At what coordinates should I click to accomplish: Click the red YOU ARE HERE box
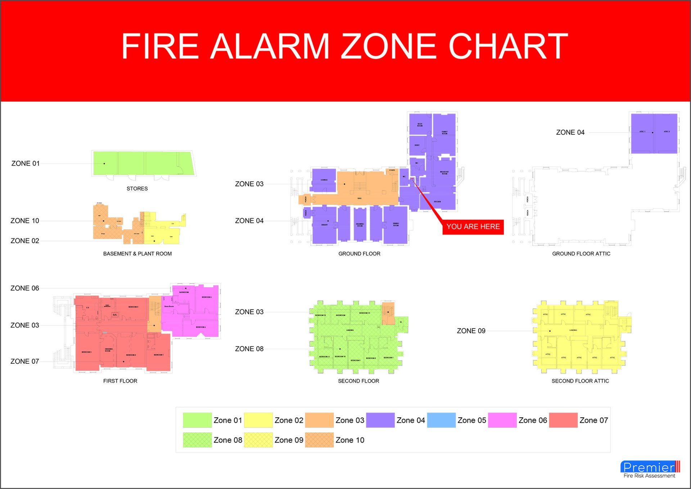[473, 227]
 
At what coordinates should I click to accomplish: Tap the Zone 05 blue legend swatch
[441, 420]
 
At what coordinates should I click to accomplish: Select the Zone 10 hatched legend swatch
[319, 440]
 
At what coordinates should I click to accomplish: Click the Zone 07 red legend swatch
[563, 420]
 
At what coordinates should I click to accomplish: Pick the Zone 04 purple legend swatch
[380, 420]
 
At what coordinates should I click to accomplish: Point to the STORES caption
[137, 189]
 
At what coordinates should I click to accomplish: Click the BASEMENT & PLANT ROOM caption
[137, 254]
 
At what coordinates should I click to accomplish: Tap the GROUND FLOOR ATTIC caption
[581, 254]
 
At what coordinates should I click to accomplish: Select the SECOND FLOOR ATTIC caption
[580, 381]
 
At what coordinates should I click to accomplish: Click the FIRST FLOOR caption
[120, 381]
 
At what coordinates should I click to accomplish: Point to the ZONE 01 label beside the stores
[26, 163]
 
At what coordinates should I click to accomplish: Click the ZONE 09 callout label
[471, 331]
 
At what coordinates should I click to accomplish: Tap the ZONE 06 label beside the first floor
[25, 288]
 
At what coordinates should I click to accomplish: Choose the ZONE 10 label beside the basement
[25, 221]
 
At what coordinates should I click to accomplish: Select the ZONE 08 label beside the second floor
[249, 349]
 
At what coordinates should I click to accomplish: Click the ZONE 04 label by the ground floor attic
[570, 133]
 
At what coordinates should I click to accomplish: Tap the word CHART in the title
[508, 46]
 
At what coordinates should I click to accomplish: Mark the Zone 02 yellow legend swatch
[258, 420]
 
